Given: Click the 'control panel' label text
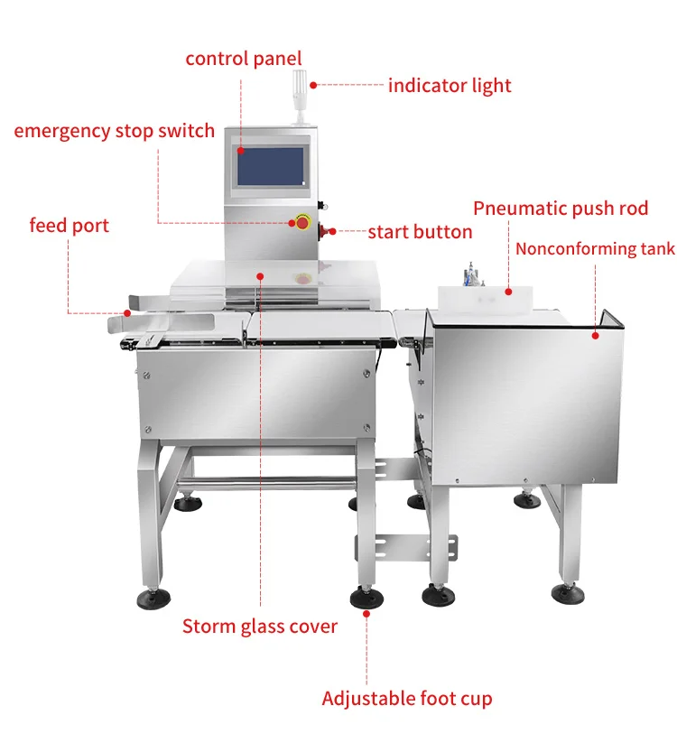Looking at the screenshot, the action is pyautogui.click(x=243, y=59).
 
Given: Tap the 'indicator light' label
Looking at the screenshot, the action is pyautogui.click(x=450, y=86).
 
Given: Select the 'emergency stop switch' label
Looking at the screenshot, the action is pyautogui.click(x=114, y=131).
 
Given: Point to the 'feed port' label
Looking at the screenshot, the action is pyautogui.click(x=69, y=225).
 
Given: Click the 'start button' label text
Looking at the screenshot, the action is pyautogui.click(x=420, y=232).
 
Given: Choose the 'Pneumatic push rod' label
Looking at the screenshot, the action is pyautogui.click(x=561, y=209).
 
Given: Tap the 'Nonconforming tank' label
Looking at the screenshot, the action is pyautogui.click(x=595, y=248).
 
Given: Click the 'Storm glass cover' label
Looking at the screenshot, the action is pyautogui.click(x=260, y=626).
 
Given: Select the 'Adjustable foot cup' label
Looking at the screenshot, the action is pyautogui.click(x=407, y=698).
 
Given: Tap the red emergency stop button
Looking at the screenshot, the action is pyautogui.click(x=301, y=222).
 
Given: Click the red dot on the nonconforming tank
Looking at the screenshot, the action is pyautogui.click(x=595, y=336).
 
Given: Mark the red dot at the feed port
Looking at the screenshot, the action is pyautogui.click(x=127, y=312).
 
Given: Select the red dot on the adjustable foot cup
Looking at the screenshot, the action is pyautogui.click(x=366, y=612).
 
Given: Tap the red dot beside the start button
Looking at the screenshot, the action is pyautogui.click(x=332, y=232).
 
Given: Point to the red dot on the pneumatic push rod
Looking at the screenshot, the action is pyautogui.click(x=508, y=291).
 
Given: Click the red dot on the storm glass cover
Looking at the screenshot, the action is pyautogui.click(x=260, y=274).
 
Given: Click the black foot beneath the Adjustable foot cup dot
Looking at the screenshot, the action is pyautogui.click(x=366, y=598).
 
